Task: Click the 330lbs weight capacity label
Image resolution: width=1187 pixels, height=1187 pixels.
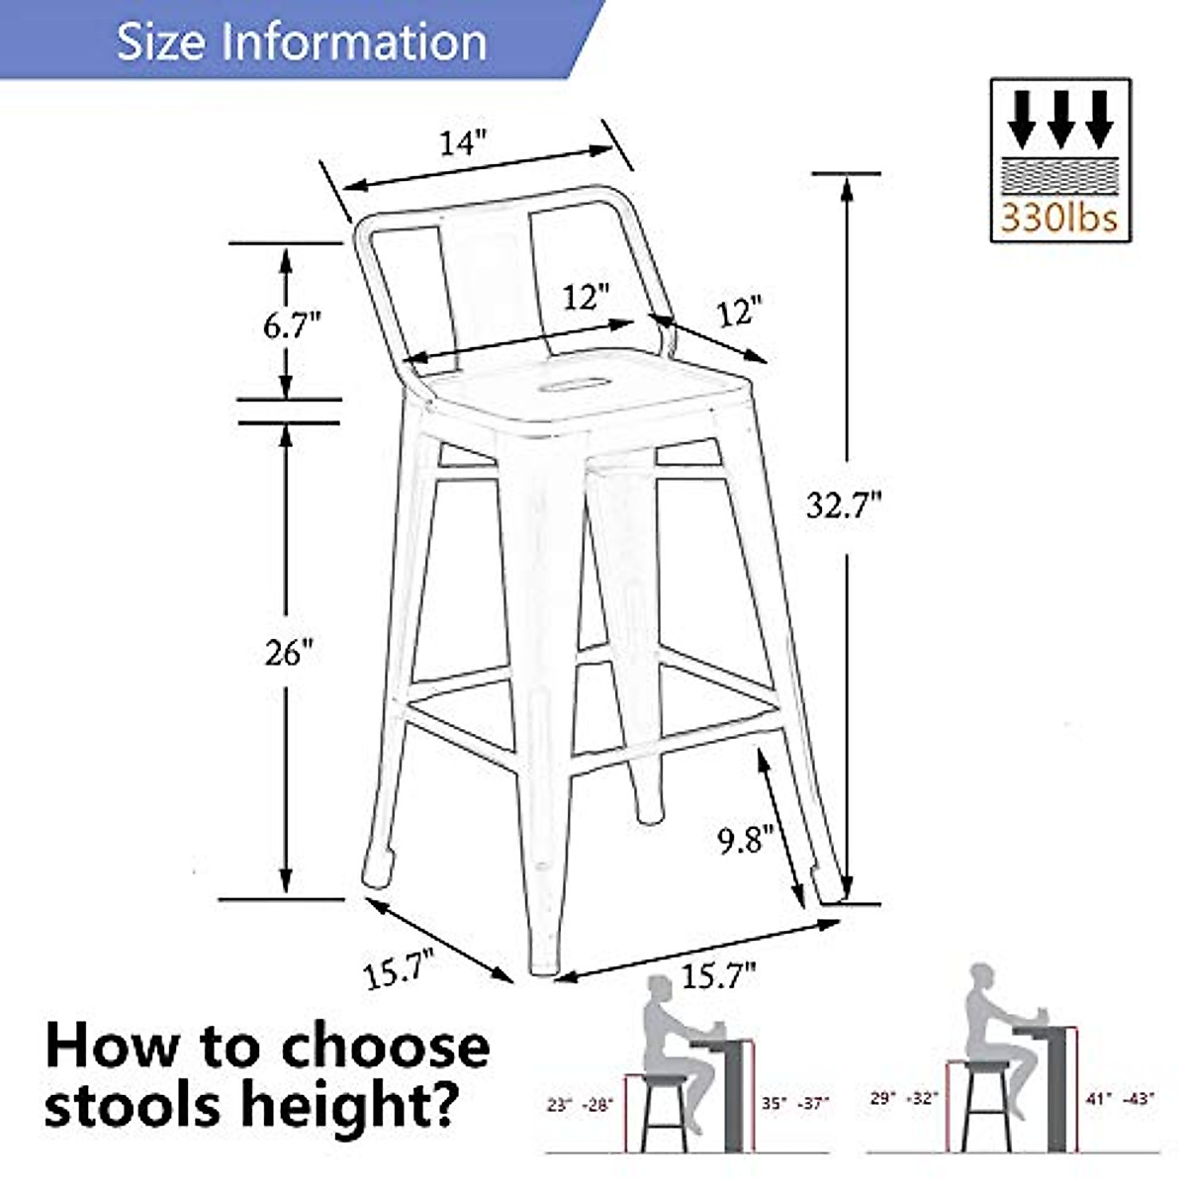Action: pos(1059,217)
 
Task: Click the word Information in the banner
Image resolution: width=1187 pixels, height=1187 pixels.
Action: pos(356,42)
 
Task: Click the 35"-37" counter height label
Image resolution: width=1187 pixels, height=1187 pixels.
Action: pos(794,1102)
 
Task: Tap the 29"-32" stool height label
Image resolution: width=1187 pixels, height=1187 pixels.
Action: pos(901,1098)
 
